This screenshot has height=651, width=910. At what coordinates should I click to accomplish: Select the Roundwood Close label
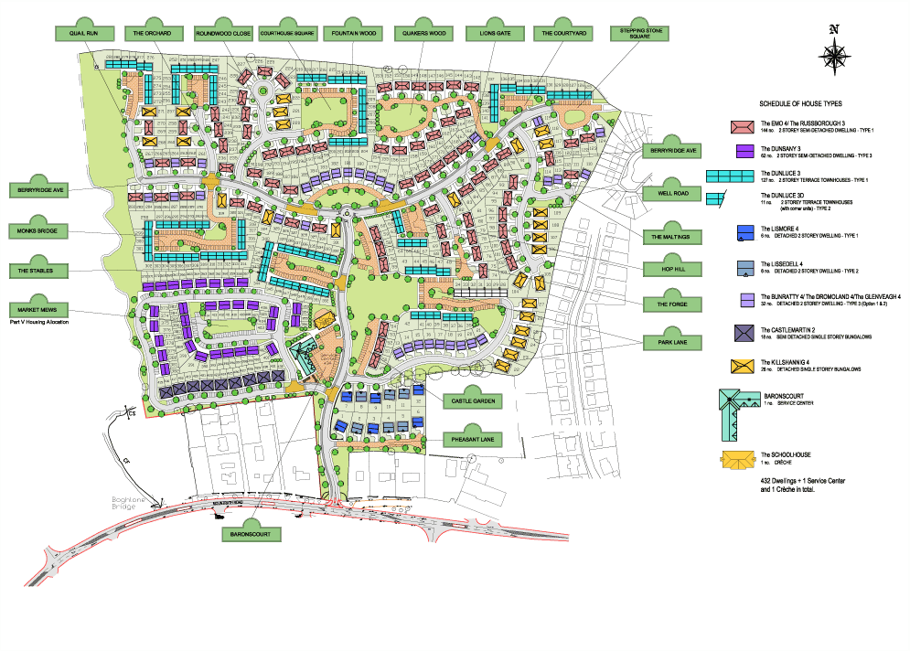(x=222, y=34)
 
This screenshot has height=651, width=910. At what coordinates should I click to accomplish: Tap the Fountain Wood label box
(x=356, y=34)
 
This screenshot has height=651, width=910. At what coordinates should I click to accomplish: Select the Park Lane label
(x=673, y=343)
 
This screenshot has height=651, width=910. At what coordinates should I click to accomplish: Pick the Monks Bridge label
(x=37, y=231)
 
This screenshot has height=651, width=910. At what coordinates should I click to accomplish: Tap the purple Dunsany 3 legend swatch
(x=743, y=150)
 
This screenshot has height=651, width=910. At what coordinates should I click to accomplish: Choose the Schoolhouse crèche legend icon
(x=738, y=460)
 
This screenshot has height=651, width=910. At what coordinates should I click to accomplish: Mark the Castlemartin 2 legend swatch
(x=743, y=333)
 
